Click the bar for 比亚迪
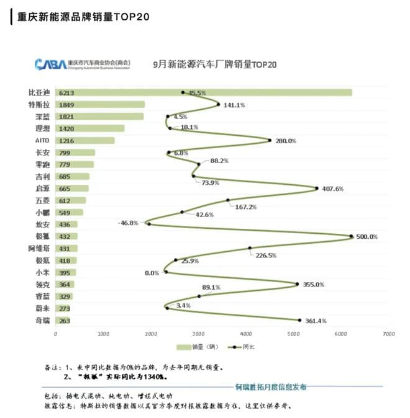[x=205, y=92]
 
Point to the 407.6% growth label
[x=333, y=189]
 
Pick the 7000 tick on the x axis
[x=389, y=334]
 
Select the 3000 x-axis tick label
[x=198, y=334]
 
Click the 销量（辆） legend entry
[x=198, y=347]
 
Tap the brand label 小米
[x=43, y=272]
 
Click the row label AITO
[x=43, y=141]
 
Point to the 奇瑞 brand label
[x=43, y=320]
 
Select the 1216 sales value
[x=66, y=141]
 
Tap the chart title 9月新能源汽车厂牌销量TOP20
[x=214, y=64]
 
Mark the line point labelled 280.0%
[x=270, y=140]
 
